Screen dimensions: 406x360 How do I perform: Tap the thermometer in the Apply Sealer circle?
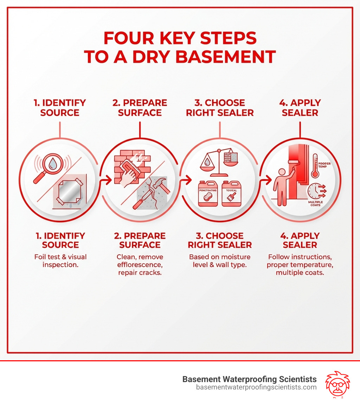click(x=315, y=165)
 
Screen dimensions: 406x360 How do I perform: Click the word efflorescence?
click(x=140, y=265)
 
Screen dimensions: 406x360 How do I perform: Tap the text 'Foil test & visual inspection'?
click(x=60, y=260)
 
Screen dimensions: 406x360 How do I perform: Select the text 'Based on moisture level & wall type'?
click(x=220, y=260)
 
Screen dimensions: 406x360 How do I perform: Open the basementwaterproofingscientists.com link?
click(x=256, y=387)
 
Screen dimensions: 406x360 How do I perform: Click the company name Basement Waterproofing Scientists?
click(x=250, y=379)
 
